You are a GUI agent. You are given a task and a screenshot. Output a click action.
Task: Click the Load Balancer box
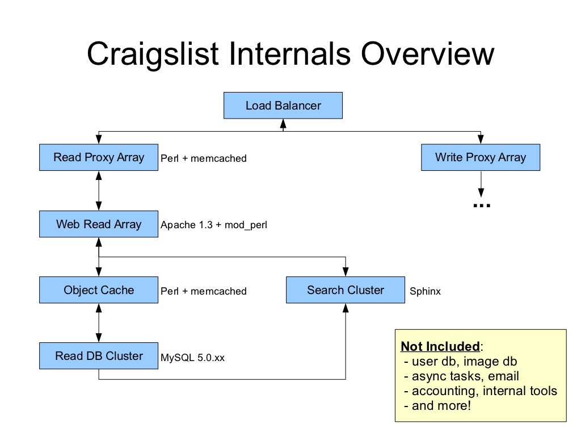[283, 106]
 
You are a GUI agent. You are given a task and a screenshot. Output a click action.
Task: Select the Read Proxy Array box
[99, 157]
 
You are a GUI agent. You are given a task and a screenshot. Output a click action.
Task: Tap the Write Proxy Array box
[480, 157]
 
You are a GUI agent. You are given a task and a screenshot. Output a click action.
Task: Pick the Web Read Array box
[99, 224]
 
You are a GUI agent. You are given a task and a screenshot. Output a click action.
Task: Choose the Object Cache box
[99, 290]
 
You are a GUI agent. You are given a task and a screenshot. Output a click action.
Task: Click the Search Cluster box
[345, 290]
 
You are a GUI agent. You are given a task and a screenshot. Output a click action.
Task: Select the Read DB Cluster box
[99, 356]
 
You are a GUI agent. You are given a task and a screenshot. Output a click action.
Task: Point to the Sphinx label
[425, 291]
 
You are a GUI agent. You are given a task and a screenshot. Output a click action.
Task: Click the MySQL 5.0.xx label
[192, 358]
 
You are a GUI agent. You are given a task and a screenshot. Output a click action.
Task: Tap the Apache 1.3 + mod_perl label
[213, 225]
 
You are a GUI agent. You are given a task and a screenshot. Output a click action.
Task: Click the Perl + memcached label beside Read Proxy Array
[204, 159]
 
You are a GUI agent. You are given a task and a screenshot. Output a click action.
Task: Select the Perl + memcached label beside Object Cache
[204, 291]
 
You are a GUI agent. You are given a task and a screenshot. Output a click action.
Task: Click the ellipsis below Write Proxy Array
[481, 205]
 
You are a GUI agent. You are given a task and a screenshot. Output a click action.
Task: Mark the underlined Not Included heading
[440, 346]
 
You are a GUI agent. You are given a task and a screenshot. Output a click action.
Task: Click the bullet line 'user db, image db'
[460, 362]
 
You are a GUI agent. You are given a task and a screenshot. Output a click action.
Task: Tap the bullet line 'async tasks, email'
[461, 376]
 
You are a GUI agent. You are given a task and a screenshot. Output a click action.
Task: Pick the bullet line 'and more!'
[437, 405]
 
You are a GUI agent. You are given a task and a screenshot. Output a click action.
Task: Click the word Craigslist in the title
[153, 55]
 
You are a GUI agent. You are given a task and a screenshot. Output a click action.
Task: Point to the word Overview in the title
[427, 55]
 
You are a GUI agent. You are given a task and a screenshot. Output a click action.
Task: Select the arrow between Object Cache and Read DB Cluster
[99, 322]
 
